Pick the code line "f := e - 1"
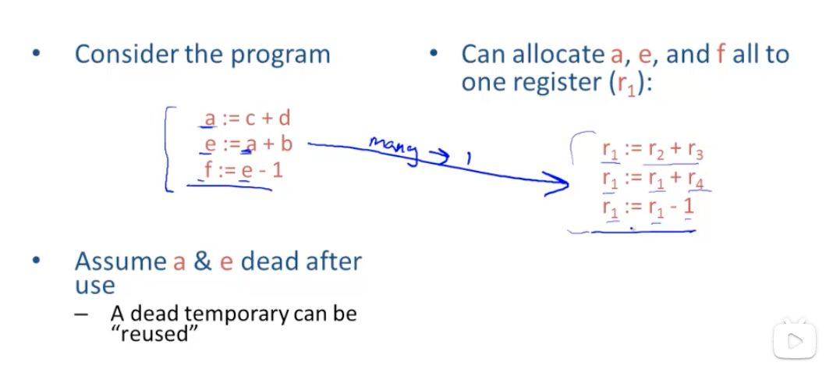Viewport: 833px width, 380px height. click(x=244, y=169)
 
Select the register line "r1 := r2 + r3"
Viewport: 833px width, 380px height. click(x=652, y=151)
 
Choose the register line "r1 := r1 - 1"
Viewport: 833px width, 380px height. click(x=647, y=208)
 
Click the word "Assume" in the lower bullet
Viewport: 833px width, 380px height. click(x=120, y=261)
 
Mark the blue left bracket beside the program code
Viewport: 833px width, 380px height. click(x=168, y=148)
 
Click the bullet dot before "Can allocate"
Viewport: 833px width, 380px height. click(x=434, y=55)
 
